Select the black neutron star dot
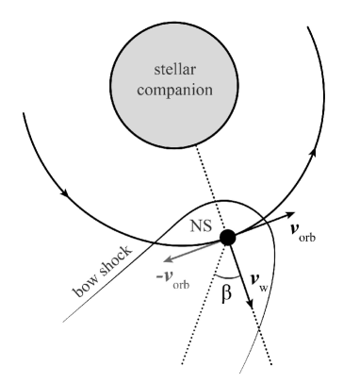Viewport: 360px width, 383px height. (227, 238)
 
